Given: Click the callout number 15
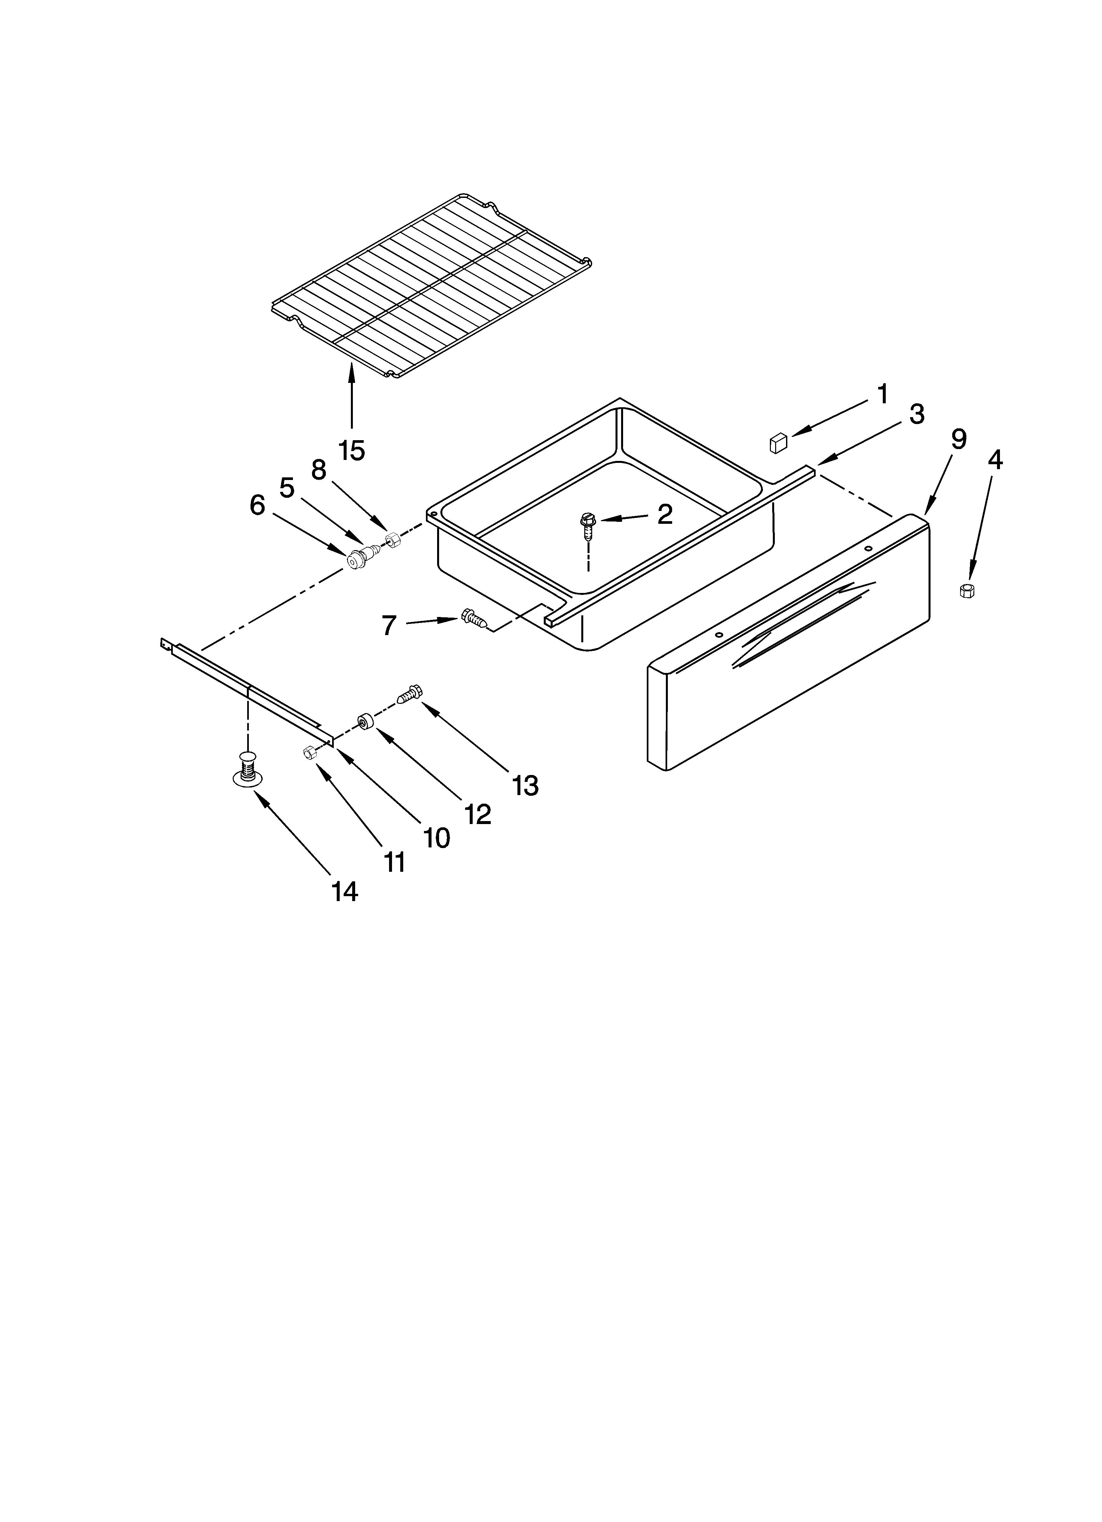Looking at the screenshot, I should point(352,450).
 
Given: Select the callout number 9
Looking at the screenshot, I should point(958,440).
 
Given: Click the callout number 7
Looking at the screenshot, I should point(389,626).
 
